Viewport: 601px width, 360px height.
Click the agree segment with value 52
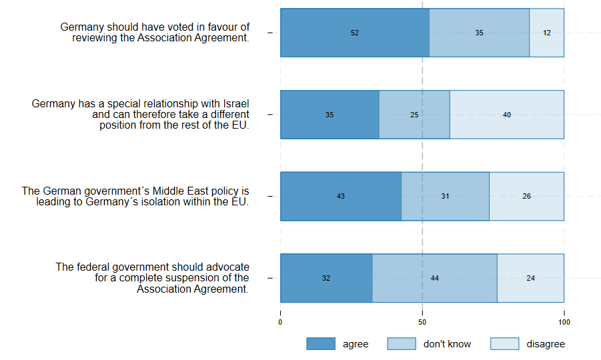354,33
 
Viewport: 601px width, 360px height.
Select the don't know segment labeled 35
479,33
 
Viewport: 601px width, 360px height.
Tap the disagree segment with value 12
547,33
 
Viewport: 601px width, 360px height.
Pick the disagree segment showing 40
507,115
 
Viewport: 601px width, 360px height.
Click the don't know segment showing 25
414,115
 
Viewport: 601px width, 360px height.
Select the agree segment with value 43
341,196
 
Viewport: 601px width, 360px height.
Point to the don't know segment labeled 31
445,196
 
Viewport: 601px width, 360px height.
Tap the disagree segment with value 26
526,196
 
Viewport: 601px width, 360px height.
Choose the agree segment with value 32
326,278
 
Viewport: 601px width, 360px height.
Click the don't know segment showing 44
434,278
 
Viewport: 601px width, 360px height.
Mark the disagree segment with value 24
530,278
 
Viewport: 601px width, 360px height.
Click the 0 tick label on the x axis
280,322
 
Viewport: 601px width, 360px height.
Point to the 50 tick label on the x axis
422,322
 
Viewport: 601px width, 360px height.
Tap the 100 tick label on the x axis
564,322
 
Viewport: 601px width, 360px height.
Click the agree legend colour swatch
320,344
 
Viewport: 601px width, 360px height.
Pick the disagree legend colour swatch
504,344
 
